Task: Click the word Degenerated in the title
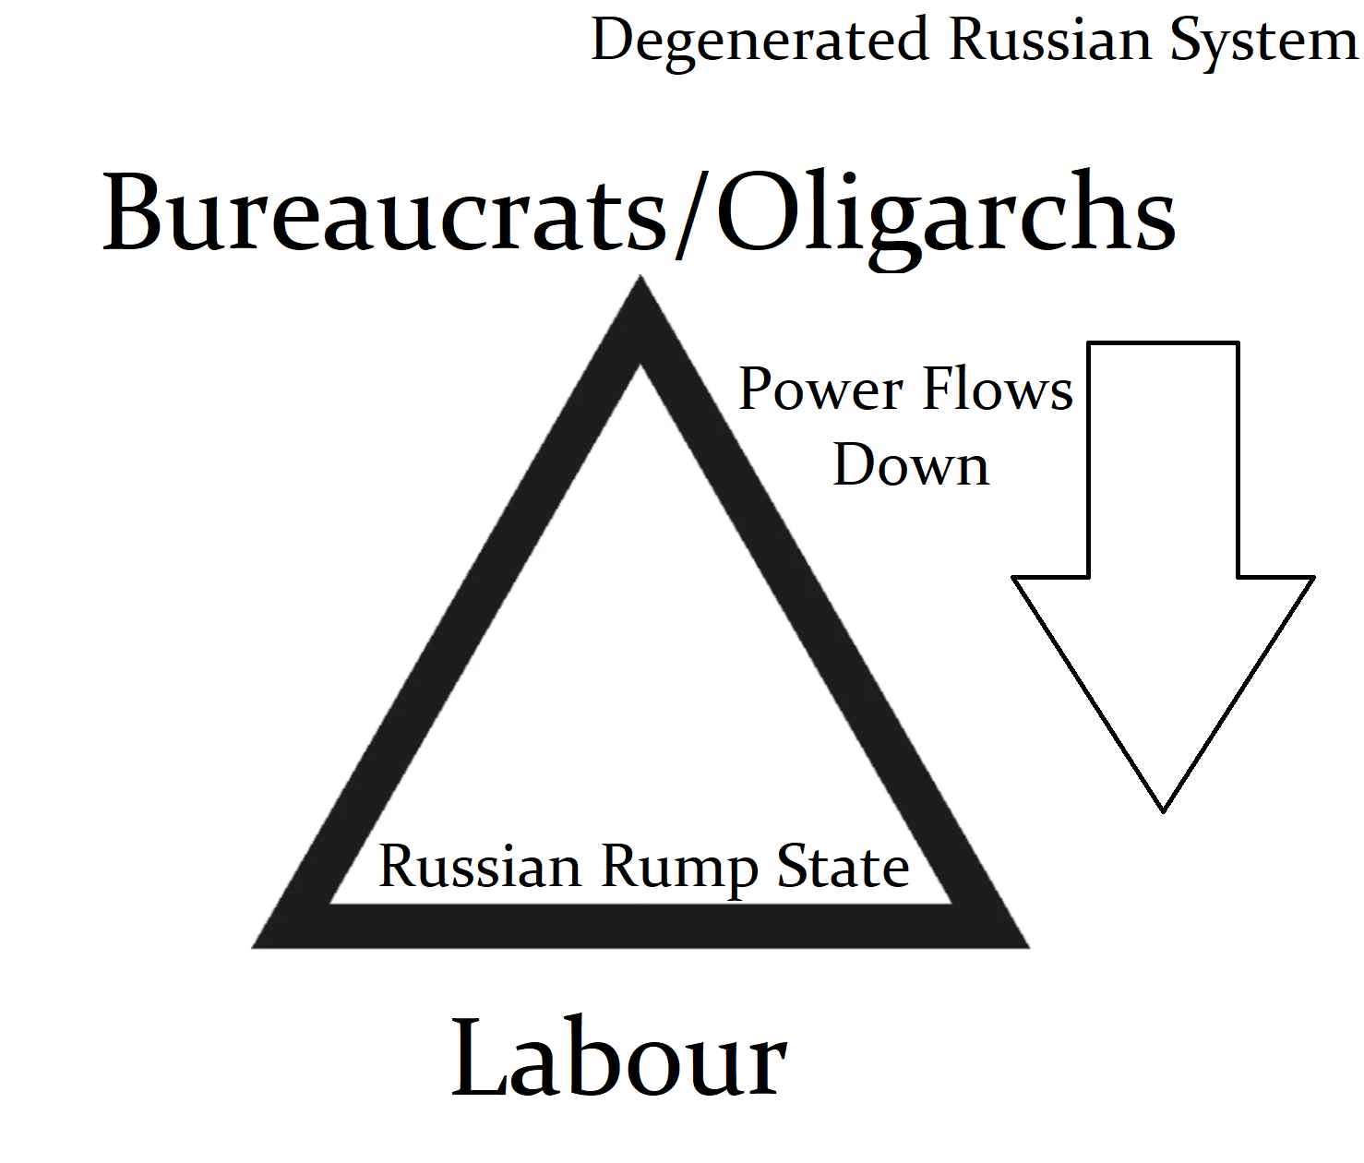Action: point(760,41)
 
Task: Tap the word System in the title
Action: point(1263,42)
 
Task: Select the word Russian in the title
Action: point(1050,41)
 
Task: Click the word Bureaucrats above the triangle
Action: point(383,213)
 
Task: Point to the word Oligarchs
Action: point(946,218)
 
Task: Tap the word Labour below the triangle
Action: point(618,1058)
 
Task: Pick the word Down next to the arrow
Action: point(911,465)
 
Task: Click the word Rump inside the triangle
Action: point(678,869)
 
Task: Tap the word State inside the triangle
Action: point(843,867)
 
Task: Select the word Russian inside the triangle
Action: point(480,867)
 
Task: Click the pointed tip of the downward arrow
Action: point(1163,807)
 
